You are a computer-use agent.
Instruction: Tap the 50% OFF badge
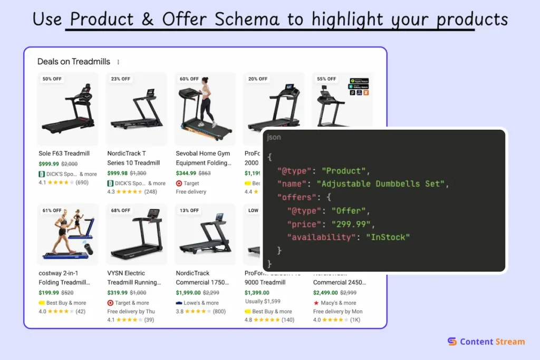tap(52, 79)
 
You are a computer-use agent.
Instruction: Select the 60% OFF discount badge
tap(189, 79)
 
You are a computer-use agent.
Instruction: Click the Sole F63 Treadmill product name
tap(64, 153)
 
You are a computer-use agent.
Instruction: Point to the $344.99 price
tap(186, 173)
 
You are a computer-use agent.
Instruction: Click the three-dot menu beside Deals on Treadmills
tap(118, 62)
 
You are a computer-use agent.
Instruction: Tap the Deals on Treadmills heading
tap(74, 62)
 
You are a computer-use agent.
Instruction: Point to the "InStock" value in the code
tap(388, 237)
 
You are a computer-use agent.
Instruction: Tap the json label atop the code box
tap(274, 137)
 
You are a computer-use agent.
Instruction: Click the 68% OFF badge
tap(120, 210)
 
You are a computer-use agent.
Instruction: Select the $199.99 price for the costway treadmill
tap(49, 293)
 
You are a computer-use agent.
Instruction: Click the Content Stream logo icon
tap(452, 342)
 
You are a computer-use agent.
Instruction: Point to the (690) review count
tap(82, 182)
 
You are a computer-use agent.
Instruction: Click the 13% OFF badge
tap(189, 210)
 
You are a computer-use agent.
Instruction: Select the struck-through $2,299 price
tap(211, 293)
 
